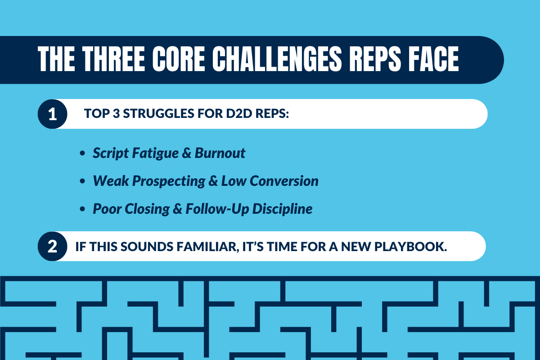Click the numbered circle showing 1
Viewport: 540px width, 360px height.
pos(52,114)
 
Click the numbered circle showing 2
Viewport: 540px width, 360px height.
pos(52,246)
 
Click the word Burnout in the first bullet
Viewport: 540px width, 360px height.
pos(220,153)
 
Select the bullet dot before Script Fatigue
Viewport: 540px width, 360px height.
pos(82,154)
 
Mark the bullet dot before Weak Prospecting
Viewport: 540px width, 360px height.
pos(82,182)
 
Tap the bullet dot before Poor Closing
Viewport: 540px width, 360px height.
pos(82,210)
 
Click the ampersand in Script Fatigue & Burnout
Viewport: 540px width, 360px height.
pos(187,153)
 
